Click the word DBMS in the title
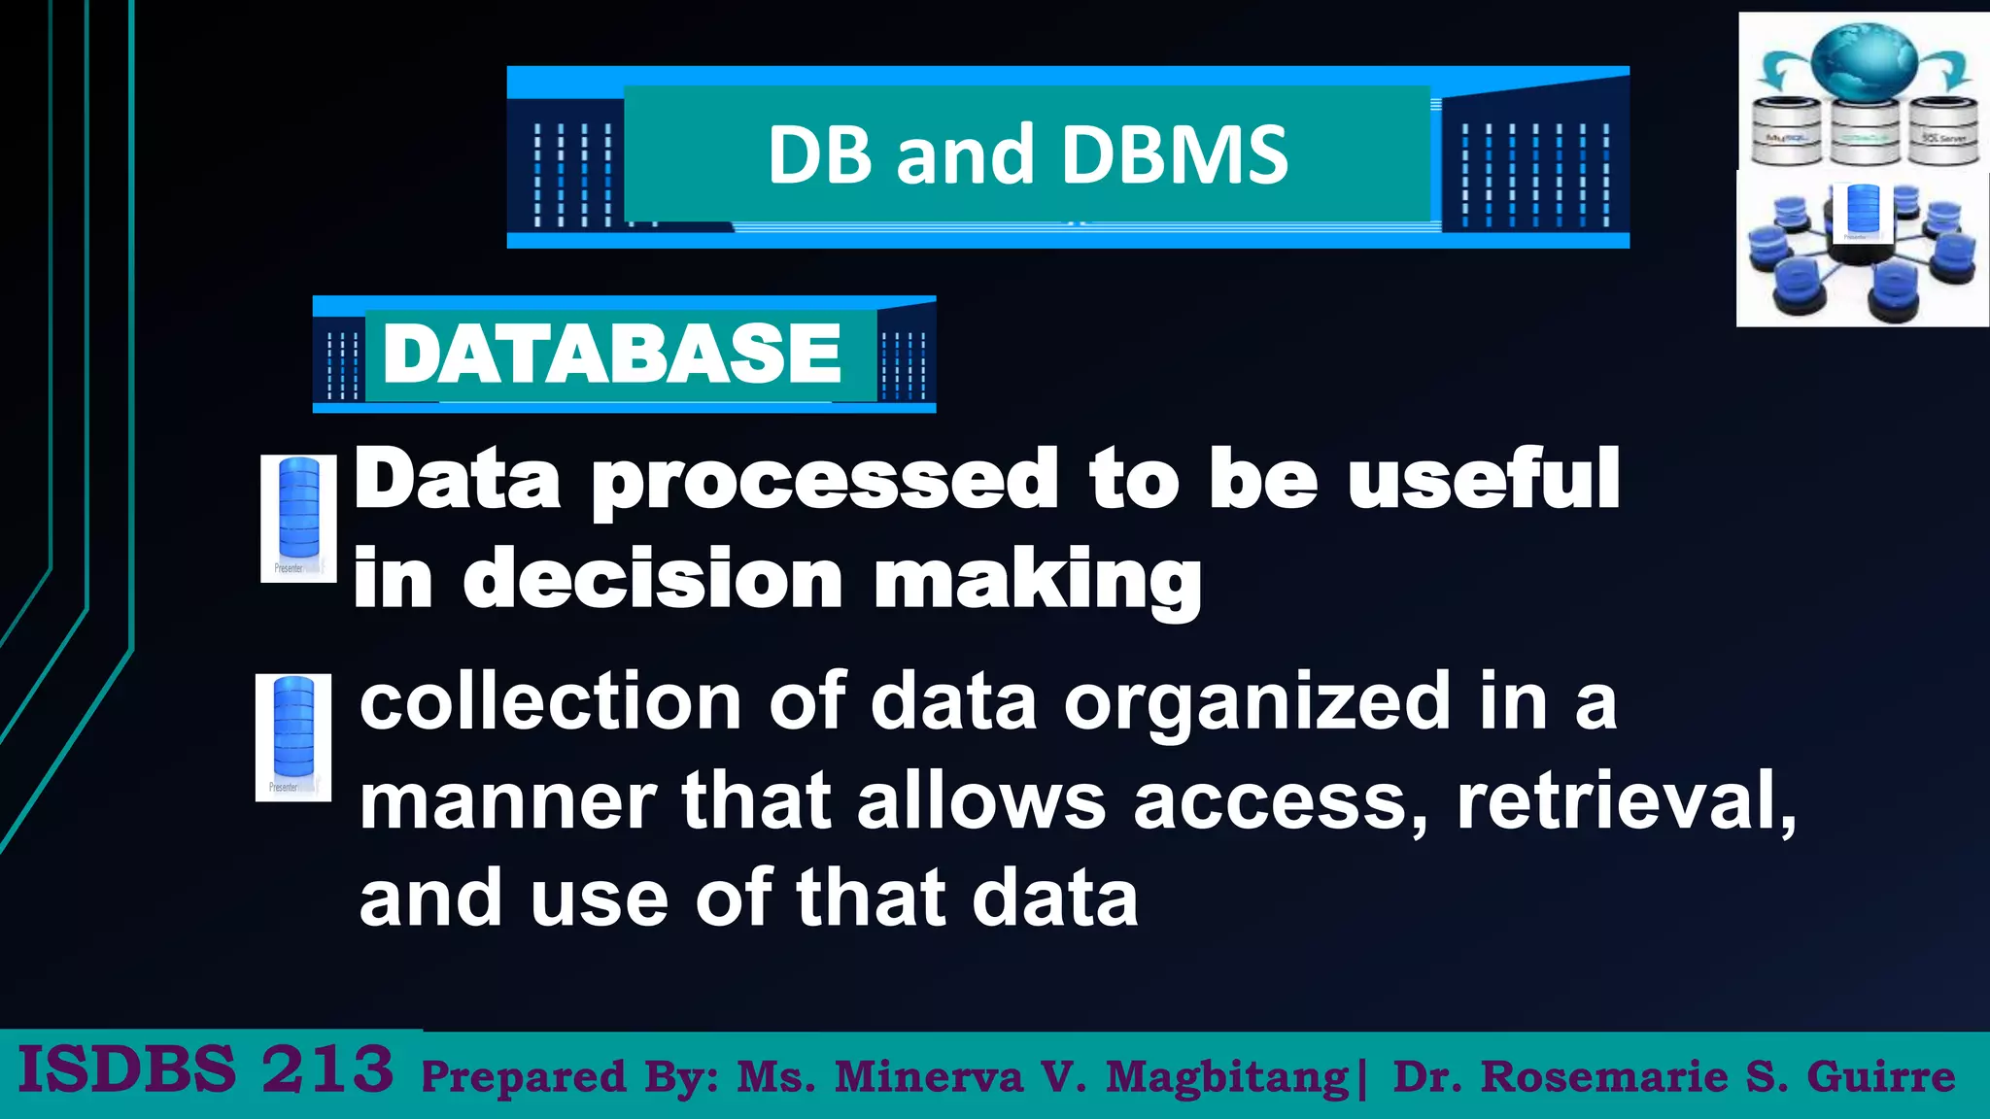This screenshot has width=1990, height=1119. point(1175,154)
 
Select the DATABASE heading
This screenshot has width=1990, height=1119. point(612,354)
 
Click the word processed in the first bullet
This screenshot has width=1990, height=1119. point(824,482)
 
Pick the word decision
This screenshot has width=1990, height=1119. point(652,580)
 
